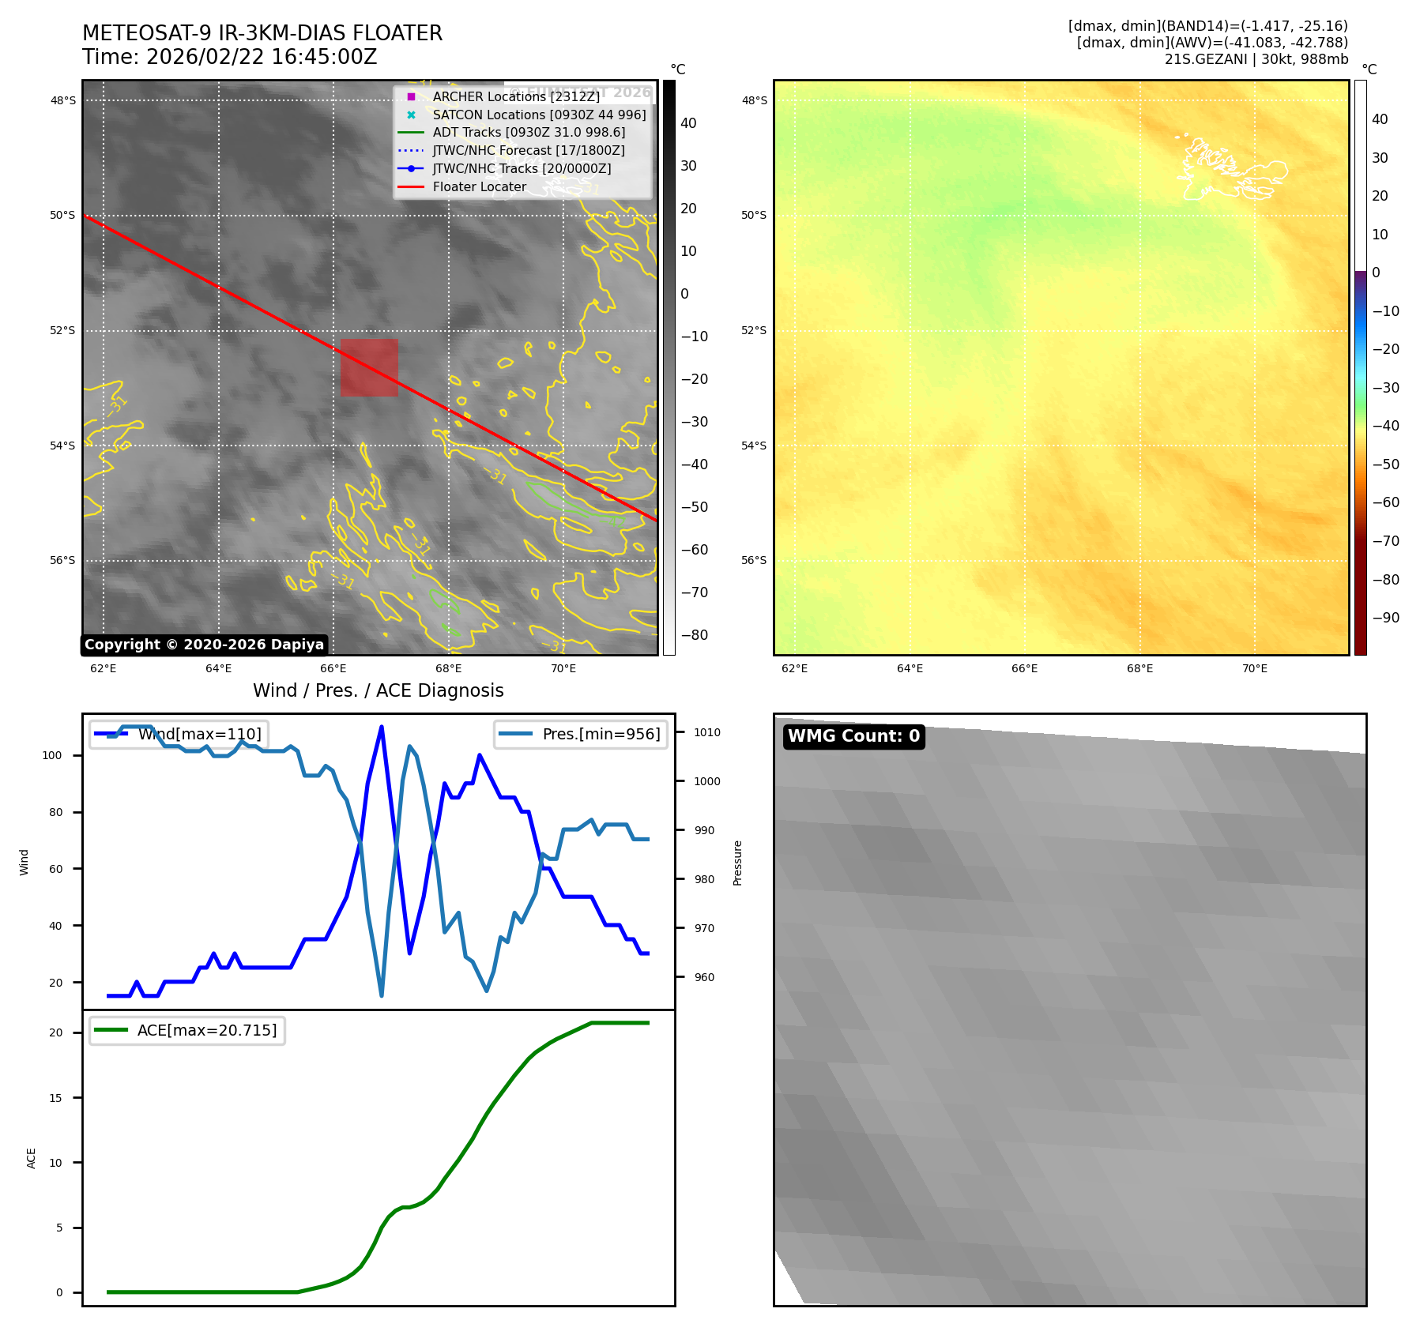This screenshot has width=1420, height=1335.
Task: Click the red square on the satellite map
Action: (369, 367)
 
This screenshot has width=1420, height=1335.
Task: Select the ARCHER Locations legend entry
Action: (515, 96)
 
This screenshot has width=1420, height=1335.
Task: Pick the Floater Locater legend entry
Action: (479, 186)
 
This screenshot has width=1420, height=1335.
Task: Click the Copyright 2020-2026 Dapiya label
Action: (204, 645)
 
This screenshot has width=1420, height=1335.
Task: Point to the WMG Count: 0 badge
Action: (853, 736)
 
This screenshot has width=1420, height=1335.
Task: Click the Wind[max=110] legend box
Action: (179, 734)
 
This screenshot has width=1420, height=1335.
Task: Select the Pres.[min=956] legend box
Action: (581, 734)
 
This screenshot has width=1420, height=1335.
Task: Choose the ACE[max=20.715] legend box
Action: (187, 1030)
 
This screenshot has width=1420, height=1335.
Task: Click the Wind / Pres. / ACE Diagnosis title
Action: (378, 690)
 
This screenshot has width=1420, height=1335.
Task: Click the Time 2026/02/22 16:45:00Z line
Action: (229, 57)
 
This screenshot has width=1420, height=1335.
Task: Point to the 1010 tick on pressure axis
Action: (706, 732)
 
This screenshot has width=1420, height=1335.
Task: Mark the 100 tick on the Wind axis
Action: (52, 755)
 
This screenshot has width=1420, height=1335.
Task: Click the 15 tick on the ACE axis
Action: (55, 1098)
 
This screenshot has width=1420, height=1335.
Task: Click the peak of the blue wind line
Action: (382, 727)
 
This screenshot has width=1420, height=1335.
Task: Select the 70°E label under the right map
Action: (1254, 668)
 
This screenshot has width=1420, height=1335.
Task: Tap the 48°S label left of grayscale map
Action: (63, 100)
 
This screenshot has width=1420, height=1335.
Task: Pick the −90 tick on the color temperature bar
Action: (1385, 618)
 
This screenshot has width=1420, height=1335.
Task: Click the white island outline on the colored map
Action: (1229, 170)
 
